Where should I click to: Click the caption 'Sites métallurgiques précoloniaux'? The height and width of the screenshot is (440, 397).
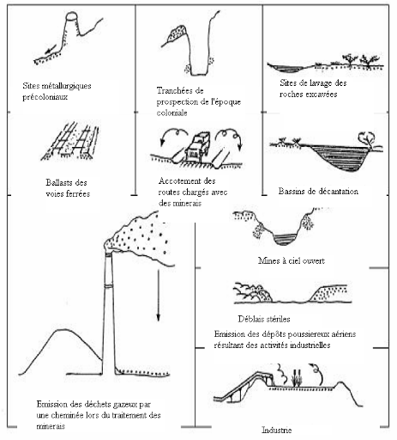57,91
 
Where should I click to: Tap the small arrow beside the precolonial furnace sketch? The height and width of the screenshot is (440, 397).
51,51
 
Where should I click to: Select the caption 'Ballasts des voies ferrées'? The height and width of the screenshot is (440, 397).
68,188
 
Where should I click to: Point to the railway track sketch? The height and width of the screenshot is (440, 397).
70,141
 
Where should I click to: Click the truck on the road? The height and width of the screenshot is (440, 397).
196,146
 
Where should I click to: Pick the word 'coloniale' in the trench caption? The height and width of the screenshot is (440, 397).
171,113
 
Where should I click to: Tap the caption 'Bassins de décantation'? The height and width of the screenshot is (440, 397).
318,191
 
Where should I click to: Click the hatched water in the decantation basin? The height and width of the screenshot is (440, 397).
340,157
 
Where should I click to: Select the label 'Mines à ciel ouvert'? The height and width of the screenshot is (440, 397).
292,260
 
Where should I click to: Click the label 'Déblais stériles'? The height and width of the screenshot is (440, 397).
264,319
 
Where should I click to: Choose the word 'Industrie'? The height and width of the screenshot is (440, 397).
277,430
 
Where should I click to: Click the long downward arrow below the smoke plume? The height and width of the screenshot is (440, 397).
158,294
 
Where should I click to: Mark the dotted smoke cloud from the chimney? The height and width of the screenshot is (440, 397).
140,237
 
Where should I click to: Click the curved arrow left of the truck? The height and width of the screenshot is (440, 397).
173,136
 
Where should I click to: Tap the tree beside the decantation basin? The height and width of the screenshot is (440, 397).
368,140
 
